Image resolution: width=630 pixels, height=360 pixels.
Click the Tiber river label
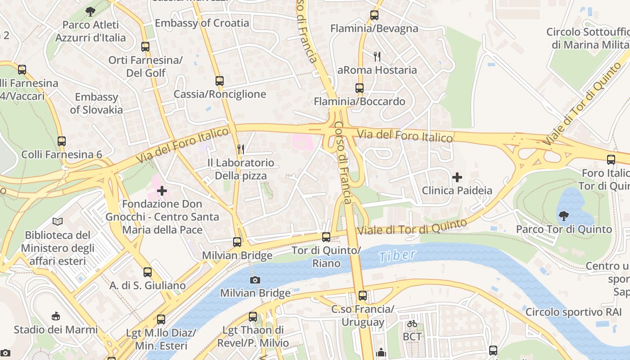click(x=397, y=256)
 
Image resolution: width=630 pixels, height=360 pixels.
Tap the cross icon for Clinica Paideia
click(x=457, y=177)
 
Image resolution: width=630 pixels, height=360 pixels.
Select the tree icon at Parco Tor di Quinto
click(x=563, y=216)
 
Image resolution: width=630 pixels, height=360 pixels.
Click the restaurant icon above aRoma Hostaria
click(x=377, y=57)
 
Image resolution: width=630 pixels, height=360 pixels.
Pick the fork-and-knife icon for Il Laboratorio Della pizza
click(x=241, y=149)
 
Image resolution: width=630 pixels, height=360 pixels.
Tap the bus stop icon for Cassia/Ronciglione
click(x=219, y=81)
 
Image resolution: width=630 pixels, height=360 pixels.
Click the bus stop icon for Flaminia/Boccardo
click(x=359, y=88)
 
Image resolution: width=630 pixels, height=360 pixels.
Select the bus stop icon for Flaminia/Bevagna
click(x=374, y=15)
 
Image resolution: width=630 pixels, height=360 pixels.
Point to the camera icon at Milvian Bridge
click(x=255, y=280)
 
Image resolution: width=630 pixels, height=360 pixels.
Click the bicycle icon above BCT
click(x=412, y=324)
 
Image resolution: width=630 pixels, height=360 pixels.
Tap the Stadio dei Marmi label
click(x=55, y=329)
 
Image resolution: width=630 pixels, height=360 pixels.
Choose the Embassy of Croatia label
click(x=202, y=23)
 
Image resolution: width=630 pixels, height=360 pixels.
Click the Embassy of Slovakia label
click(x=96, y=103)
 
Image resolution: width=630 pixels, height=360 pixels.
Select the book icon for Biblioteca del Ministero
click(x=58, y=221)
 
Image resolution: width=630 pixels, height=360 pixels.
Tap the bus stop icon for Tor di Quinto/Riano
click(x=326, y=237)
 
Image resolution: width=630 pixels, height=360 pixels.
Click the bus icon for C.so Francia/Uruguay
click(x=362, y=296)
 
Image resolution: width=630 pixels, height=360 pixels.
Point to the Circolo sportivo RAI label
click(x=571, y=312)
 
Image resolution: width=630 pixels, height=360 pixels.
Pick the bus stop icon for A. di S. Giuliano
click(x=148, y=272)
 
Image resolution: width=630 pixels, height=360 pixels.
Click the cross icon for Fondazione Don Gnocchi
click(x=162, y=191)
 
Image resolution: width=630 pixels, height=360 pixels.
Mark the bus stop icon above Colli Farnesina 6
click(x=62, y=141)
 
